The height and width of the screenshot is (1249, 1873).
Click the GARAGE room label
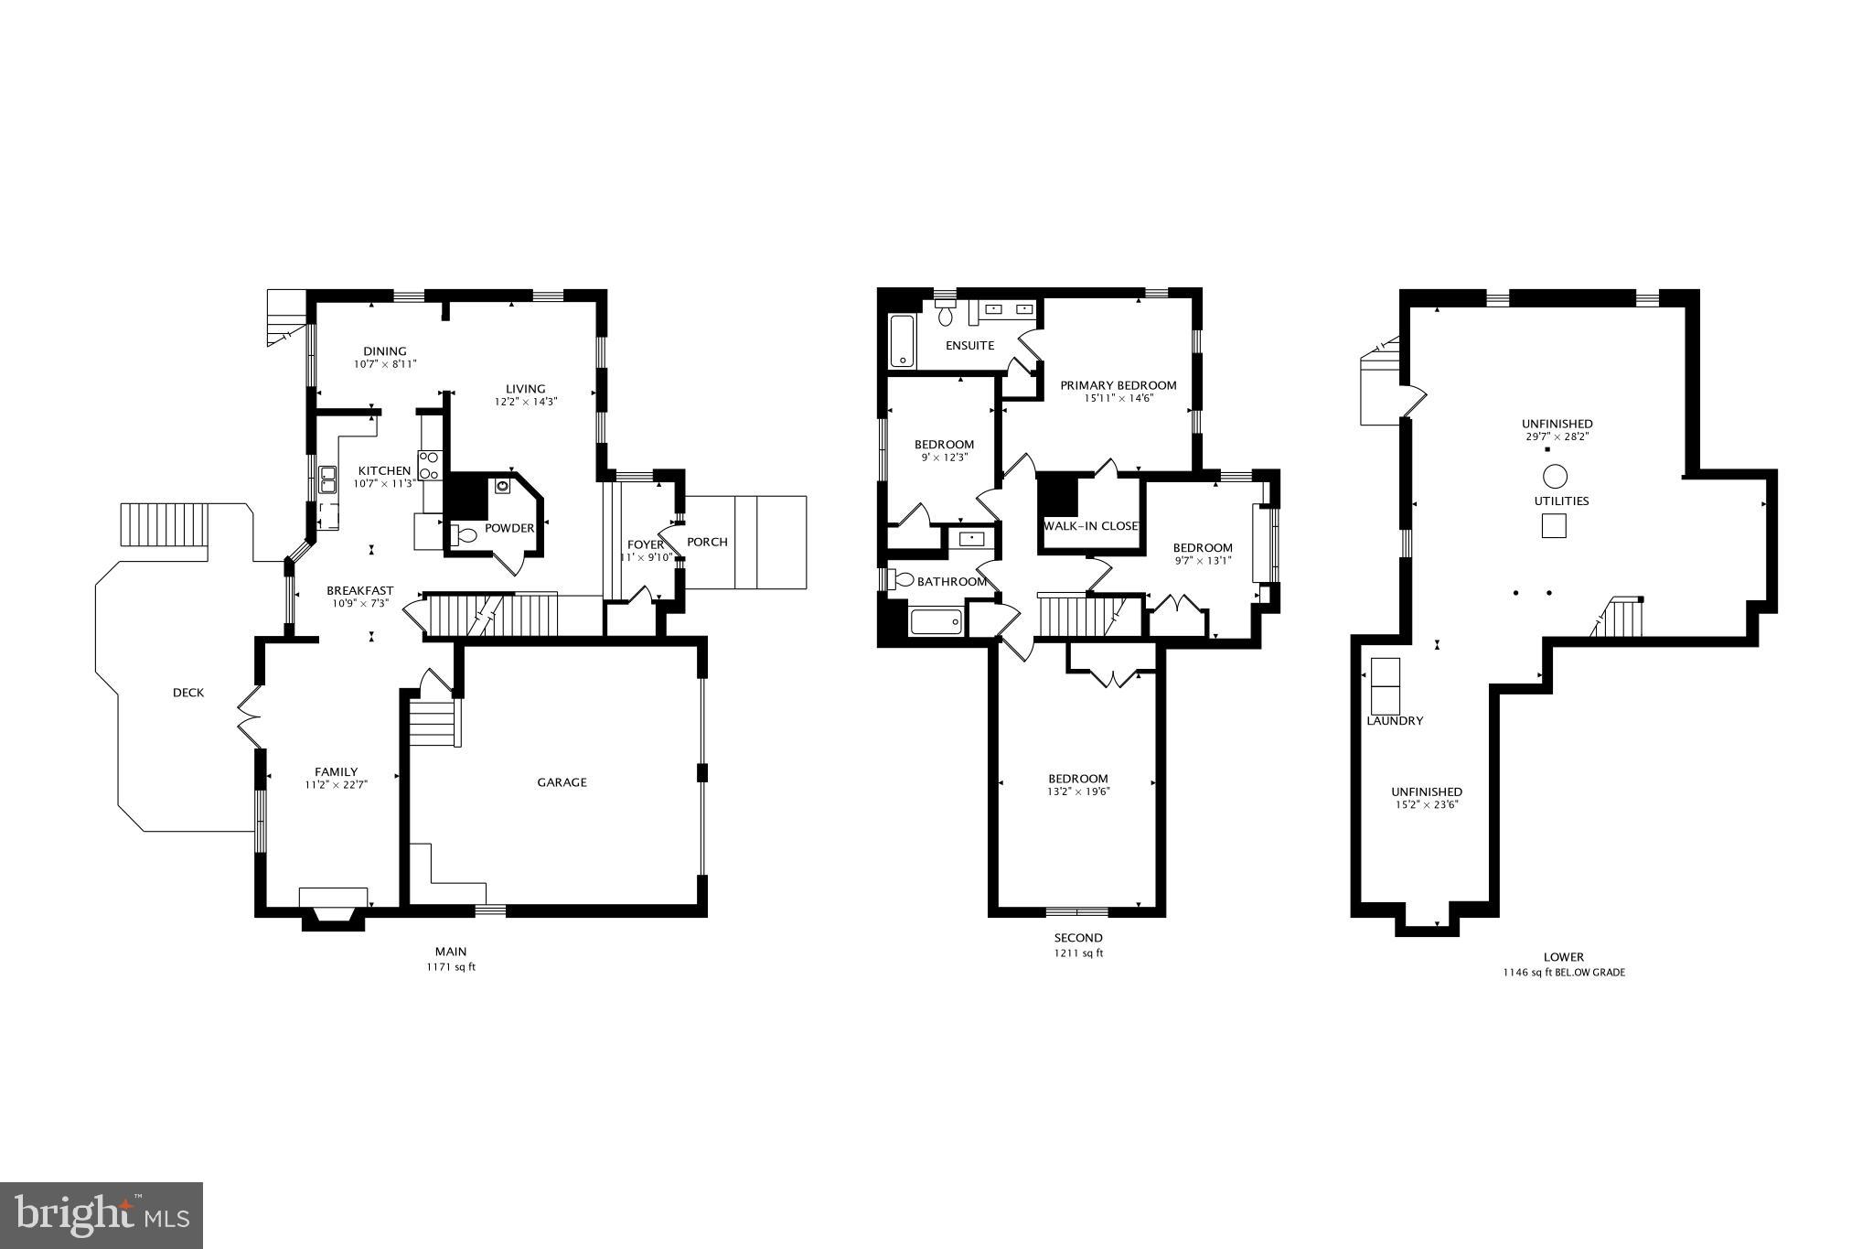tap(562, 782)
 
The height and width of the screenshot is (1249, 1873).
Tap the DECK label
tap(188, 693)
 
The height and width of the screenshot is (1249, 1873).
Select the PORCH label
tap(707, 542)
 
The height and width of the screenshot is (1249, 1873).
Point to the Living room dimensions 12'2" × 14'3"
tap(526, 402)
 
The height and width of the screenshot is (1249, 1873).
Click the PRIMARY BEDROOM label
tap(1118, 385)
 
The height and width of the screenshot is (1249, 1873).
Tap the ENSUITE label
tap(969, 346)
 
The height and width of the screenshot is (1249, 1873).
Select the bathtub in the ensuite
tap(902, 341)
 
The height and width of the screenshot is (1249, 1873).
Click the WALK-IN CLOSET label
tap(1091, 526)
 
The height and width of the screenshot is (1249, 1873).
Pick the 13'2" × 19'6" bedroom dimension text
tap(1079, 792)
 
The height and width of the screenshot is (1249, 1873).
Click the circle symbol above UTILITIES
tap(1555, 476)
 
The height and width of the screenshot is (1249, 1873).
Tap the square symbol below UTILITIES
tap(1555, 526)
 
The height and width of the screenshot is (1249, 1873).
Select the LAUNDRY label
tap(1395, 721)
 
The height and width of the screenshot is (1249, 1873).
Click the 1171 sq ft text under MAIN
tap(451, 967)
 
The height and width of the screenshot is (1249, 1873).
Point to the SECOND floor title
tap(1078, 938)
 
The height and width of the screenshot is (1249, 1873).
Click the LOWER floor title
tap(1563, 957)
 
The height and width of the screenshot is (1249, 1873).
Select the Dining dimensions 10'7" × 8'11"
tap(385, 364)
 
